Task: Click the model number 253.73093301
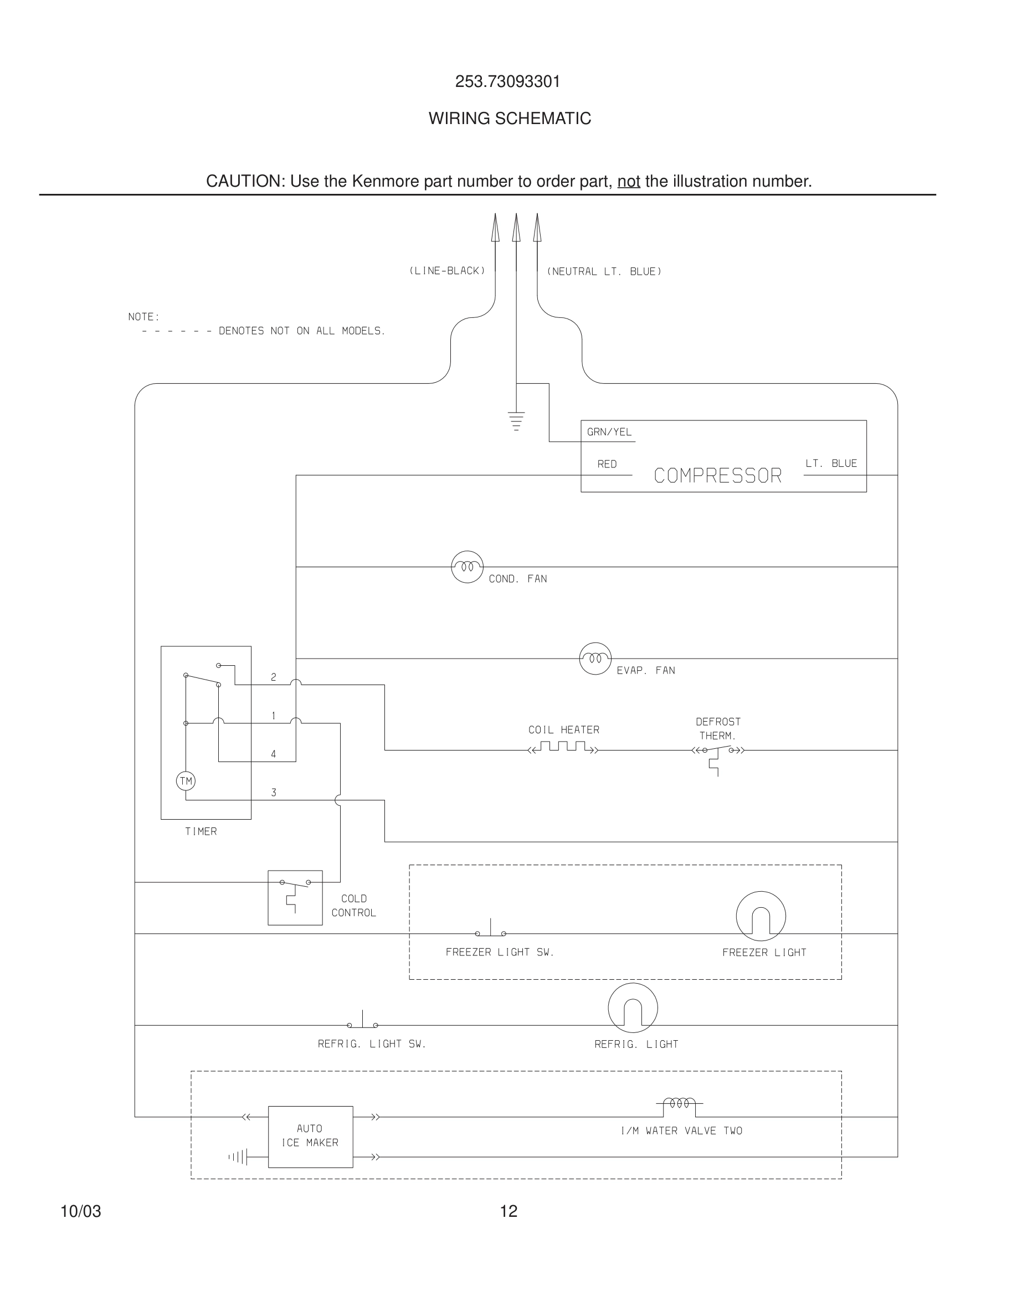point(507,82)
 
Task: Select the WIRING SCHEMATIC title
point(509,119)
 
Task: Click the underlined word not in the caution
point(628,181)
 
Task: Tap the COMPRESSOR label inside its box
point(717,476)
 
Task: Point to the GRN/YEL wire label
point(609,432)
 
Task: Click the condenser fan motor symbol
point(467,567)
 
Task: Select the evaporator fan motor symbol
point(595,659)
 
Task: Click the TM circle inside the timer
point(186,782)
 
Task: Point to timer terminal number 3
point(274,793)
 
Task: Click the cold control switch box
point(295,897)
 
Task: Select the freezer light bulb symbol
point(761,916)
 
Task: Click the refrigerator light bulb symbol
point(632,1007)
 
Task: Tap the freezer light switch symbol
point(490,931)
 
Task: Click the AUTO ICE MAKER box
point(310,1136)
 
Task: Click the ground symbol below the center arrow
point(516,420)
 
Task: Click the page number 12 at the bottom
point(508,1211)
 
